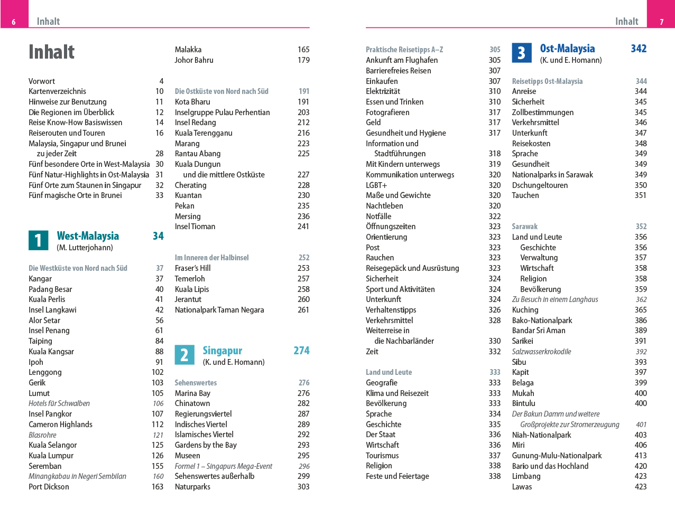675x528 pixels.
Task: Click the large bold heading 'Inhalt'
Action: click(51, 52)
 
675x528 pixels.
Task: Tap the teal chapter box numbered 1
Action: click(38, 240)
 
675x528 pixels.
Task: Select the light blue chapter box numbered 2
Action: click(184, 355)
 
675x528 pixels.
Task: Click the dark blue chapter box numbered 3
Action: click(522, 53)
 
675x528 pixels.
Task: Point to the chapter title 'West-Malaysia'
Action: click(88, 236)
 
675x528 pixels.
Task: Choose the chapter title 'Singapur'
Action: click(222, 351)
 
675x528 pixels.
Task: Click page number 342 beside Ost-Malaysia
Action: click(639, 49)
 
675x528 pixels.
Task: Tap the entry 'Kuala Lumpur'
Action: click(51, 456)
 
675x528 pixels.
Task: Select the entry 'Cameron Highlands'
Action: click(60, 425)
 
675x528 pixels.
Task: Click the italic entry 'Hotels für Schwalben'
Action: click(59, 403)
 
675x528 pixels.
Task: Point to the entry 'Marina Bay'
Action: click(192, 393)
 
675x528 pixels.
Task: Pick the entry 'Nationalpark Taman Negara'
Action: click(219, 310)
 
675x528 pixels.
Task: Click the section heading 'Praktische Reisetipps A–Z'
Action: click(404, 50)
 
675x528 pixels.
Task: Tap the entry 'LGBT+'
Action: click(376, 185)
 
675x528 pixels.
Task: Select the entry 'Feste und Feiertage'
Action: click(397, 476)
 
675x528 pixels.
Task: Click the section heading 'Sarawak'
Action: click(524, 227)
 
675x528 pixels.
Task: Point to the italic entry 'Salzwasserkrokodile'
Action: click(541, 352)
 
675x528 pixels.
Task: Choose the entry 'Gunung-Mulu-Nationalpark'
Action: click(557, 456)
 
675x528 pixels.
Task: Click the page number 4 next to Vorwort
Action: click(161, 81)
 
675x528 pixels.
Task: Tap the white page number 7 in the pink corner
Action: click(661, 22)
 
